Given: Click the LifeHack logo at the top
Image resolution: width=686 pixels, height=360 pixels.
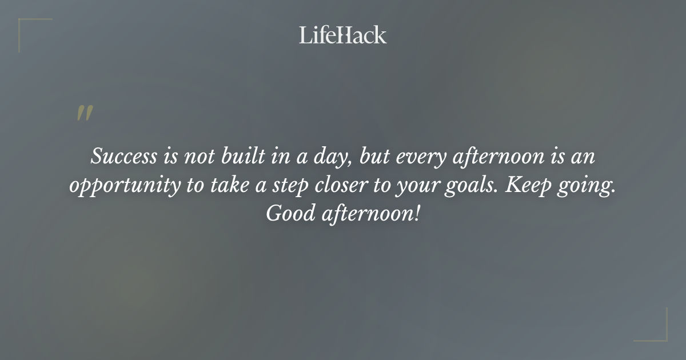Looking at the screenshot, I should coord(343,35).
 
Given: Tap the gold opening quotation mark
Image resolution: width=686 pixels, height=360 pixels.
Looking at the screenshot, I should coord(85,113).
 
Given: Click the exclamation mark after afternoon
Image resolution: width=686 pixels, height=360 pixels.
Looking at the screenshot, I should coord(417,215).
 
